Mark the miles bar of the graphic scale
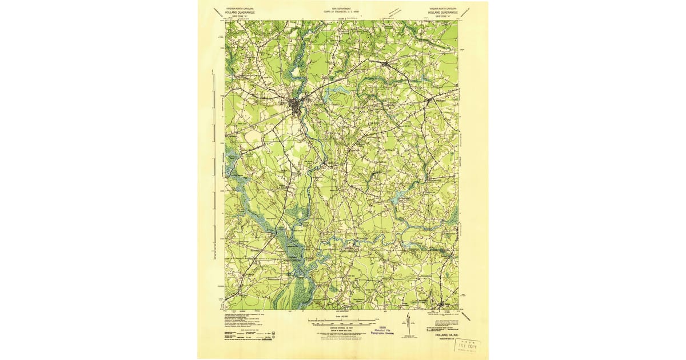[x=343, y=320]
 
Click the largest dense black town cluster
[x=296, y=106]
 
